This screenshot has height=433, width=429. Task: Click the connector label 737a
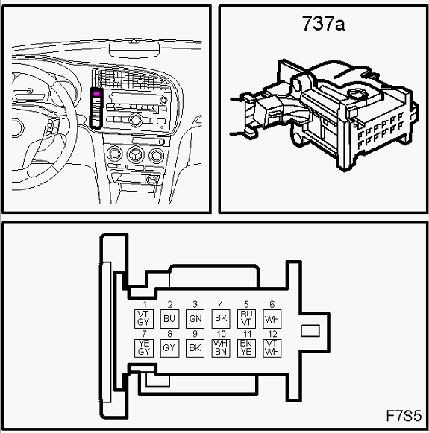pos(323,23)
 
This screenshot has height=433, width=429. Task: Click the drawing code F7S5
pos(404,416)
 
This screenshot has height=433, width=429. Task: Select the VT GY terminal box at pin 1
pos(144,319)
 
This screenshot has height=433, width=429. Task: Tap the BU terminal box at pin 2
pos(169,319)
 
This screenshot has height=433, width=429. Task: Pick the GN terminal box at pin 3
pos(195,319)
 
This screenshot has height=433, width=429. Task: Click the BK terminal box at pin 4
pos(221,319)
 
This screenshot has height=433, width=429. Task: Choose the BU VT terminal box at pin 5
pos(246,319)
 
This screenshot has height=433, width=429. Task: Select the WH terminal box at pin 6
pos(272,319)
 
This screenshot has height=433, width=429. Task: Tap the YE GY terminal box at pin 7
pos(144,348)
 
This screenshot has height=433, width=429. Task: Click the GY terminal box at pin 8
pos(169,348)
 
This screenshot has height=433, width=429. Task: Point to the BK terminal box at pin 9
pos(195,348)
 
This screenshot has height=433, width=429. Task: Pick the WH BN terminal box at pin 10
pos(221,348)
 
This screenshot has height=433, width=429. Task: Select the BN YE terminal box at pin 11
pos(246,348)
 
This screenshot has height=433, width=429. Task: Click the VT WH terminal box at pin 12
pos(272,348)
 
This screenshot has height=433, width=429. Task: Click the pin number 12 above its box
pos(272,334)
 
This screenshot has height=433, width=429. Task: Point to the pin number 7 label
pos(144,334)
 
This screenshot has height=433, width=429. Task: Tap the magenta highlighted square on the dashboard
pos(96,94)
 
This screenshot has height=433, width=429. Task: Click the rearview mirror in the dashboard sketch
pos(134,49)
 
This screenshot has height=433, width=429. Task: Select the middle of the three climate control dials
pos(135,155)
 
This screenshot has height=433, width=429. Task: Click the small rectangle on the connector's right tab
pos(310,331)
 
